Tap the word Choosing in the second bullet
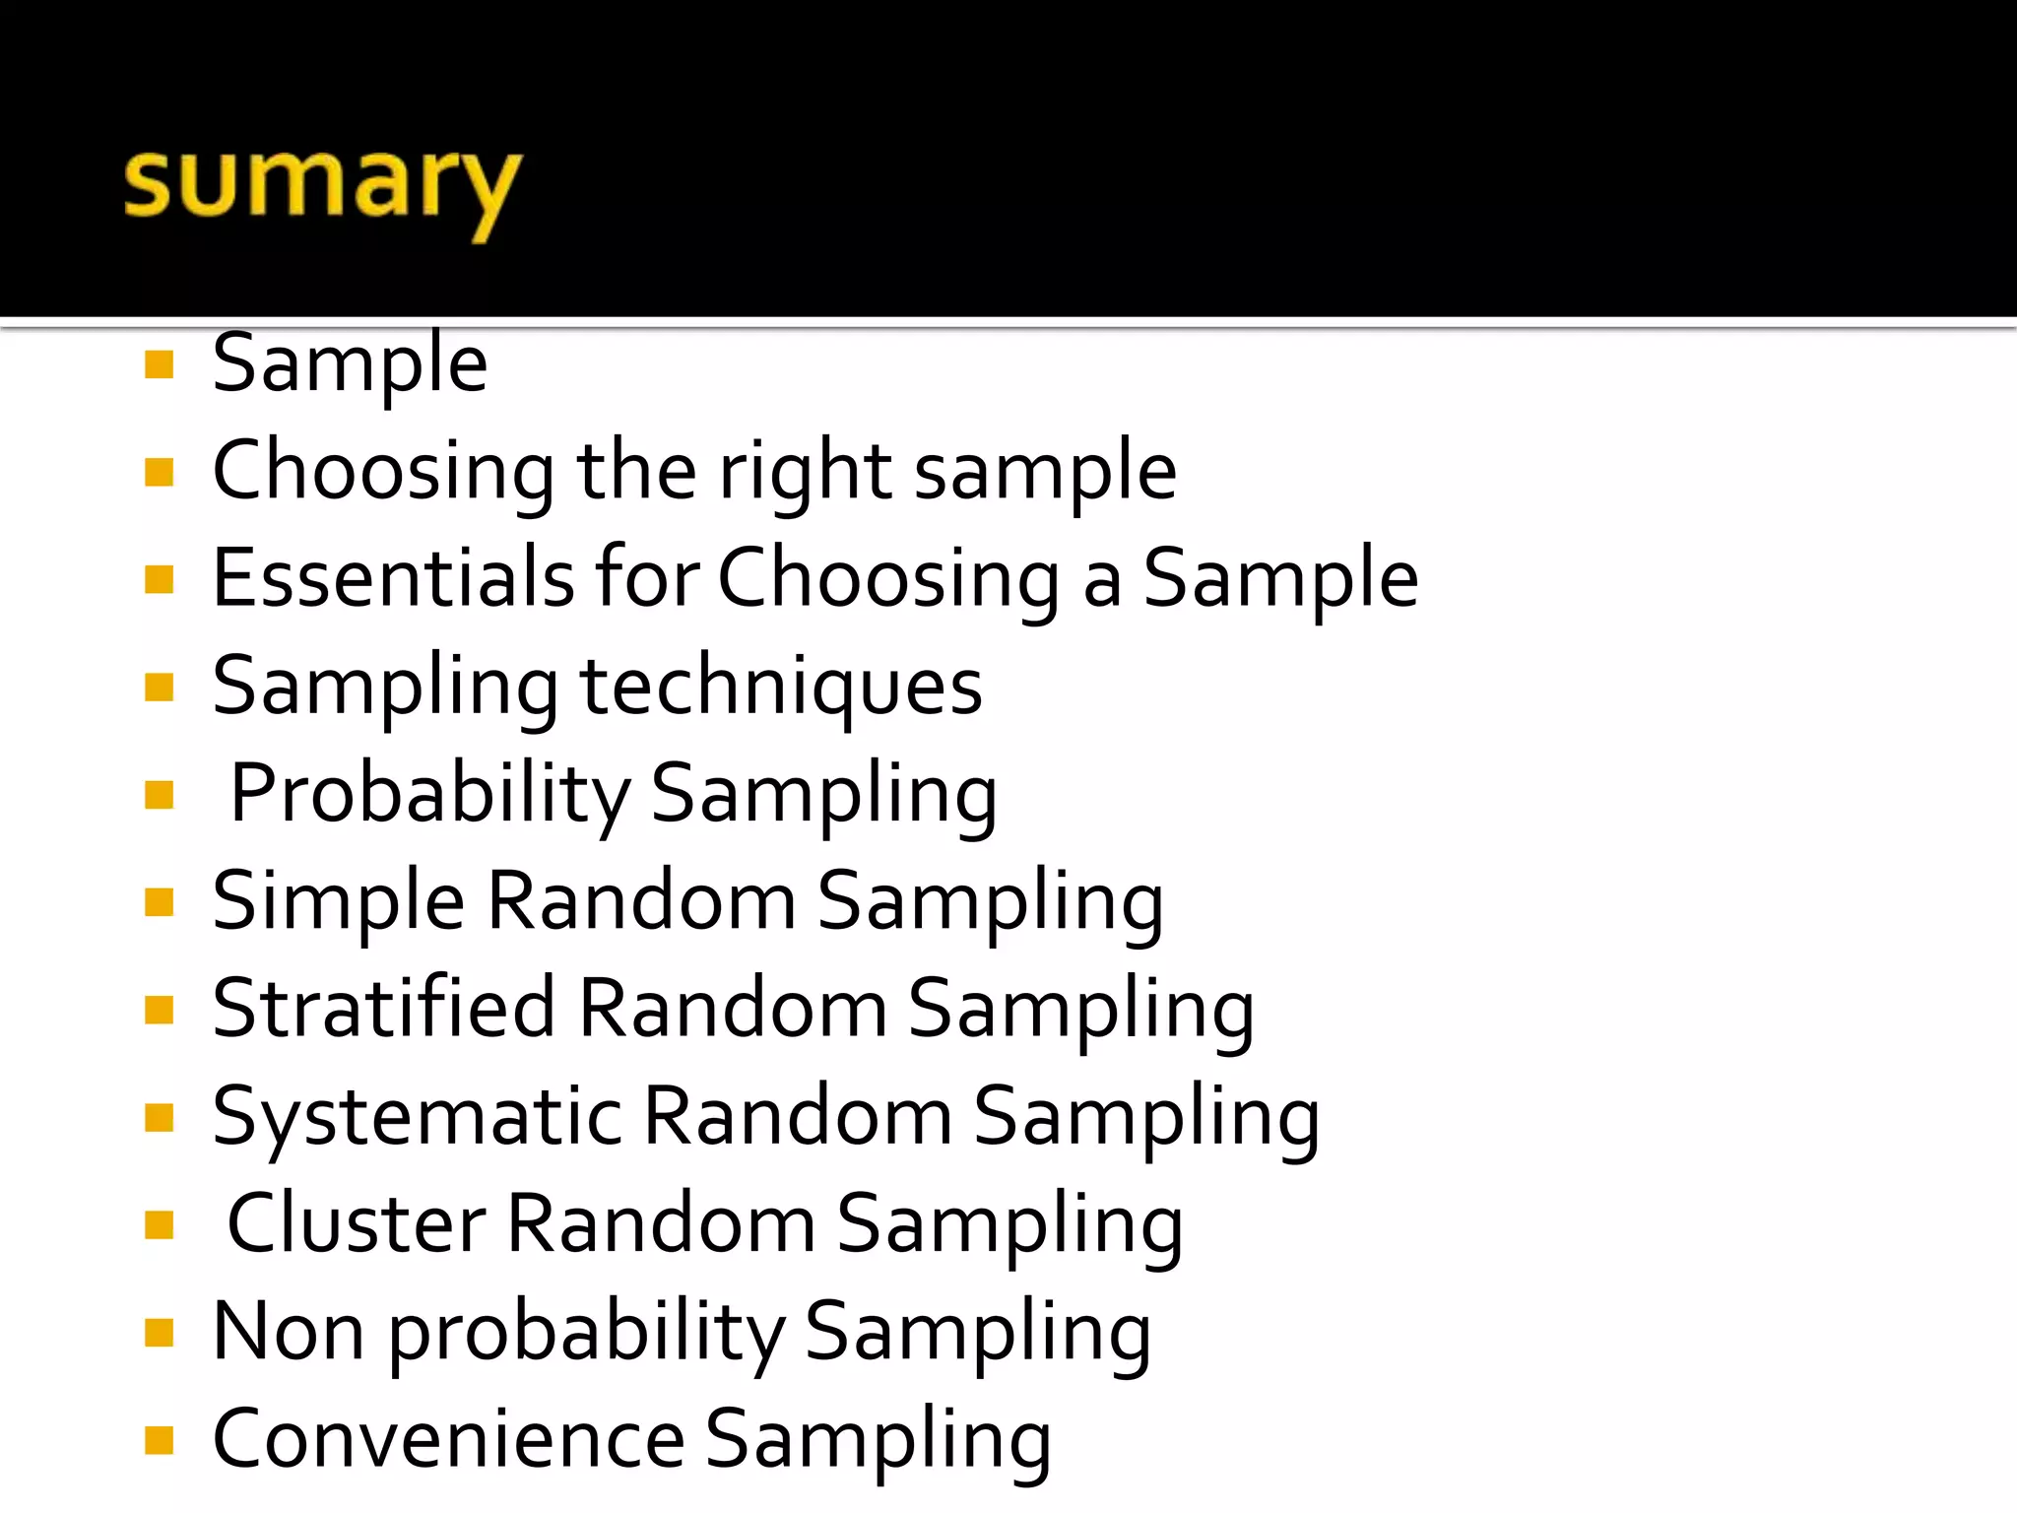tap(383, 472)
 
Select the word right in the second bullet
tap(806, 472)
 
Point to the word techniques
tap(781, 687)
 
